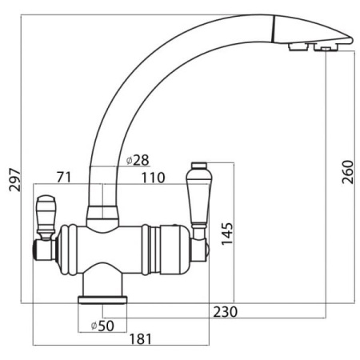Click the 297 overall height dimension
tap(14, 179)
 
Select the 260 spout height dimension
tap(348, 172)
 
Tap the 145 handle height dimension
tap(227, 234)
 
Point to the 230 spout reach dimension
tap(225, 312)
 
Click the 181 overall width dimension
tap(141, 339)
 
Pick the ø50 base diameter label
tap(102, 326)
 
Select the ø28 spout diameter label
tap(138, 160)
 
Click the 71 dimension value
tap(64, 178)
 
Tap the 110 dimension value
tap(153, 178)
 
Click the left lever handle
tap(46, 217)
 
